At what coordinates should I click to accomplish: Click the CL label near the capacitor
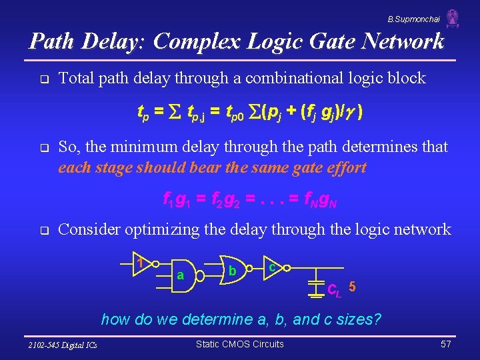(x=335, y=290)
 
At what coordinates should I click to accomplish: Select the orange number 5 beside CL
(x=352, y=287)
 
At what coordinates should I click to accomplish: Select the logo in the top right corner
(x=453, y=18)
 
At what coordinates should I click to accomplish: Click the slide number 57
(x=447, y=345)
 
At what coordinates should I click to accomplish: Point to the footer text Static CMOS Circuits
(x=240, y=344)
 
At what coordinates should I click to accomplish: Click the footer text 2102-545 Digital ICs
(x=63, y=345)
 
